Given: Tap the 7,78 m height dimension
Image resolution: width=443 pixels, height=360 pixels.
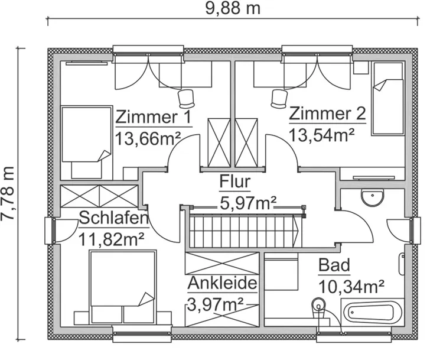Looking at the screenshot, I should (8, 193).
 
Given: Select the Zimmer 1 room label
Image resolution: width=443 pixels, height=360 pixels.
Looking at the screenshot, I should (154, 116).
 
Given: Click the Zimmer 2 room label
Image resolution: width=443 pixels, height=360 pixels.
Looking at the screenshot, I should (328, 113).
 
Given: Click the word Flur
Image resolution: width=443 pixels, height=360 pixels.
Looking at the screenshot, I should (235, 181).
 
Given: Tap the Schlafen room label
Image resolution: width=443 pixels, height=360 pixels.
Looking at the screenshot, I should (113, 218).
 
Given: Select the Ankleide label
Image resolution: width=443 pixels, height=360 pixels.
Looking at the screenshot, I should (223, 283).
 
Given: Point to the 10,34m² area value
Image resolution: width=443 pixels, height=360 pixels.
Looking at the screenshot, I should (351, 287).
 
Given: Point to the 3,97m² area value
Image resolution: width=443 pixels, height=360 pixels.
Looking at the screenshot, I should (216, 304).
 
